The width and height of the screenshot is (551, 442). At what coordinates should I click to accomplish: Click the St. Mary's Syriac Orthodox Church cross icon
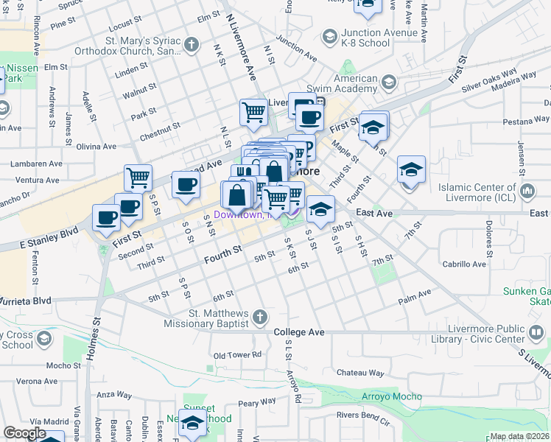191,45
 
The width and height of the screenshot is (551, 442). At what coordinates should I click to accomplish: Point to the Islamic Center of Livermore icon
527,192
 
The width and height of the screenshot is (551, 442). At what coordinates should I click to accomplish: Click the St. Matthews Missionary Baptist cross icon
259,318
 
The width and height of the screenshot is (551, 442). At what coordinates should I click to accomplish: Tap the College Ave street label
299,332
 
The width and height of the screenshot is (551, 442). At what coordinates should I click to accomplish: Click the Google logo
24,433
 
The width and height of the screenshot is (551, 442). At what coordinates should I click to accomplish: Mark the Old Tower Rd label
237,355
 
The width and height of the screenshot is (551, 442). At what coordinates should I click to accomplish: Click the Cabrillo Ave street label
464,264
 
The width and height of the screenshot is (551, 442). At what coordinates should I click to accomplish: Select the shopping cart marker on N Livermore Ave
253,112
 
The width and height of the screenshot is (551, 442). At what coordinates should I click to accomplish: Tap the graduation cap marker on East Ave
320,208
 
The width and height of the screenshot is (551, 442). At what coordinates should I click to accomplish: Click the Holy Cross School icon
43,339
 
